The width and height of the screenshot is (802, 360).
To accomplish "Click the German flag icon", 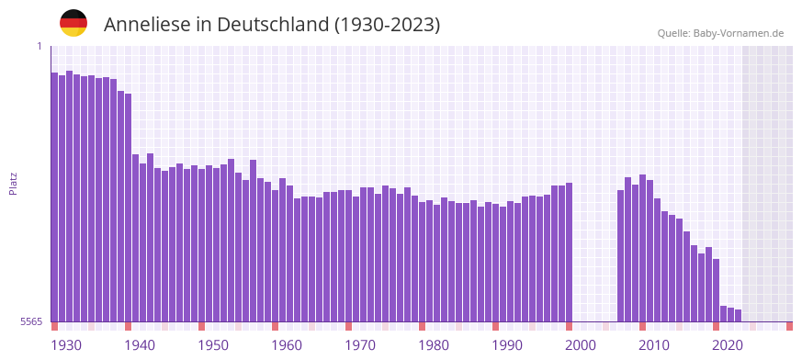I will (x=73, y=24).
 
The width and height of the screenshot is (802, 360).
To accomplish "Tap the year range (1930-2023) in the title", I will (x=387, y=25).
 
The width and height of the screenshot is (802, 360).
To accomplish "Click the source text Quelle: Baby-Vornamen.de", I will (x=720, y=33).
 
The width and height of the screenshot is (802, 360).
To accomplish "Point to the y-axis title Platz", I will (x=13, y=183).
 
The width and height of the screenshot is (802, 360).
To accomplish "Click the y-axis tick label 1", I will (x=40, y=46).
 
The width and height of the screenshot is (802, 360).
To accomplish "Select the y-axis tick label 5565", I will (x=31, y=321).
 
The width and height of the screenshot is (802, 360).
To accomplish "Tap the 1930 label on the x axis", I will (x=66, y=345).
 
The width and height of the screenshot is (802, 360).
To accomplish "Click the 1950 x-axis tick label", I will (x=213, y=345).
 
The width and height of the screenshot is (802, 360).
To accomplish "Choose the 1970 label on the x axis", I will (x=360, y=345).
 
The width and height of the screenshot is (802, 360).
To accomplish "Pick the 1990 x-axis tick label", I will (x=507, y=345).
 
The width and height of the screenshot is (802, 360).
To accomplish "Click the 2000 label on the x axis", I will (x=581, y=345).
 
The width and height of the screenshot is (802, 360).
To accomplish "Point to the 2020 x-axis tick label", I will (x=728, y=345).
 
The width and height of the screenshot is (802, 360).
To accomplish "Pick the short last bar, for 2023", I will (x=738, y=316).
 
